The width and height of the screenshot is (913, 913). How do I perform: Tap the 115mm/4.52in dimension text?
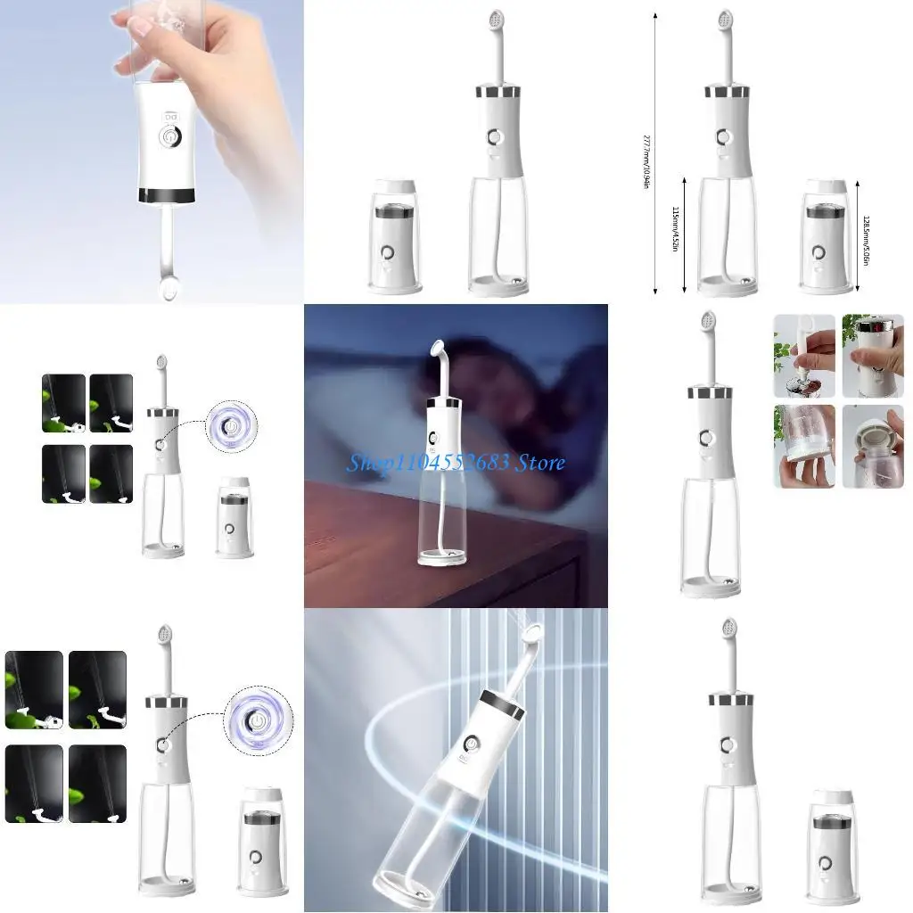click(674, 230)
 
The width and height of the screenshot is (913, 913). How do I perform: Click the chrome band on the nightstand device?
click(445, 405)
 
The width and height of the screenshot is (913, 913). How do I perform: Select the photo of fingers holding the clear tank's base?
click(804, 446)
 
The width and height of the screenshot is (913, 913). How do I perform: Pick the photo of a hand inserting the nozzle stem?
click(804, 355)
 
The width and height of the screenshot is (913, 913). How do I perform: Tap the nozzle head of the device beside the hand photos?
click(709, 320)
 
